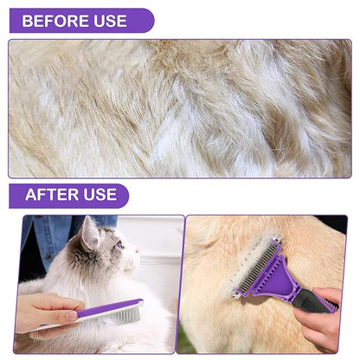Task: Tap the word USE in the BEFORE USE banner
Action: (x=110, y=21)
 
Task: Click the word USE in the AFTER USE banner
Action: (x=100, y=195)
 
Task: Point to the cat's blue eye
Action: (x=119, y=246)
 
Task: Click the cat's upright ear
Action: (x=89, y=232)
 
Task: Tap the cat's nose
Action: (x=138, y=250)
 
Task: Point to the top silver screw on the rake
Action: (x=278, y=239)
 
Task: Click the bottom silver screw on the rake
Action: (x=235, y=294)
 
